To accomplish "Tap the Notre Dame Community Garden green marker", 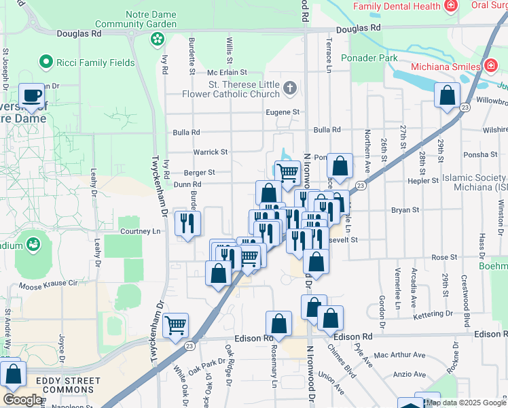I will pos(158,39).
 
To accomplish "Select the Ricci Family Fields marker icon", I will pos(46,63).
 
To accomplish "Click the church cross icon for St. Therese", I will pos(290,88).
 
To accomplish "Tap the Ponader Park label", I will pos(369,58).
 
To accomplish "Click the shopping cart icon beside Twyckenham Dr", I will pos(176,326).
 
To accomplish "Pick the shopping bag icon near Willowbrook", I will pos(447,96).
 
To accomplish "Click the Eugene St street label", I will pos(283,112).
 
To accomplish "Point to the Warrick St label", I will pos(211,152).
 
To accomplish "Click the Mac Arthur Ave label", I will pos(399,355).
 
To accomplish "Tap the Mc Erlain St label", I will pos(230,73).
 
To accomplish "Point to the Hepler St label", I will pos(424,181).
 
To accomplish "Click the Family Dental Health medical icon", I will pos(450,6).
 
